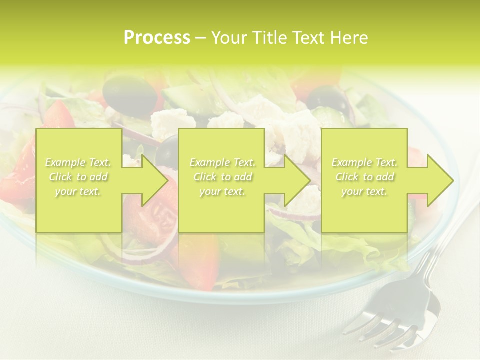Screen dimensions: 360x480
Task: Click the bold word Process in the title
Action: click(157, 38)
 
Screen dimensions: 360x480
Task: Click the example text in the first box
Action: click(78, 177)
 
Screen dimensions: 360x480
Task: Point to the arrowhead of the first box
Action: click(152, 180)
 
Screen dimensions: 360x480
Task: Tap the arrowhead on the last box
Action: click(438, 180)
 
